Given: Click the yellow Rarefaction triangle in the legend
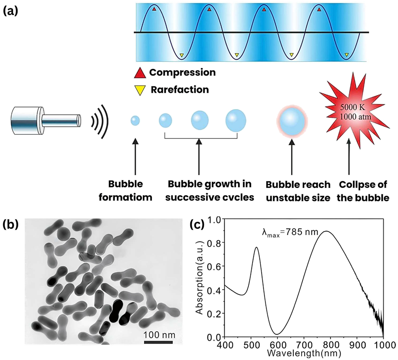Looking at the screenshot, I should tap(140, 90).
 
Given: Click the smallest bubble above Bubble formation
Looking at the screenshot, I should tap(135, 120).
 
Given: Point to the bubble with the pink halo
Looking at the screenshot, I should tap(291, 121).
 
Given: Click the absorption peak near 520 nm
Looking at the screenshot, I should tap(256, 247).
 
